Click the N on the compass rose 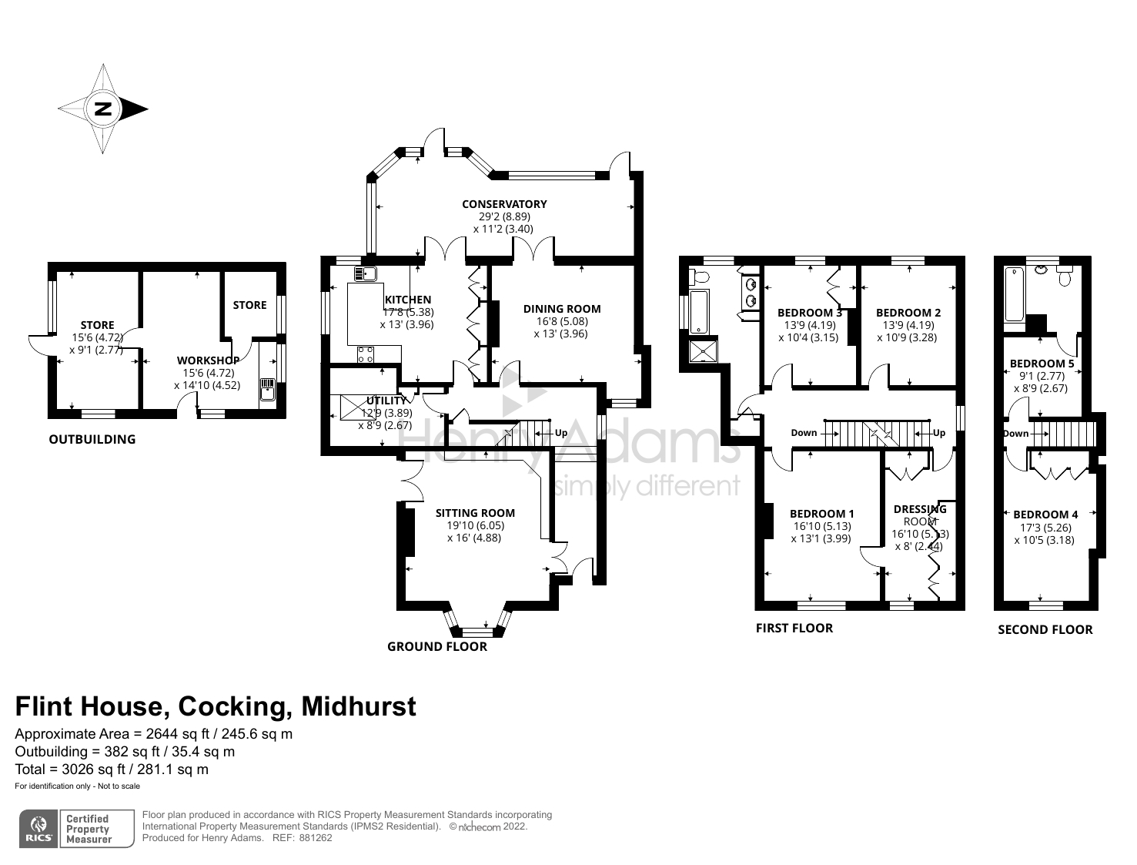point(104,109)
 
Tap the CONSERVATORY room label point(504,204)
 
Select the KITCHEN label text point(408,300)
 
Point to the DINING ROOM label point(561,309)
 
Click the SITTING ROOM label point(475,513)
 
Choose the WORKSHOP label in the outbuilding point(209,360)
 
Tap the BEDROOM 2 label point(908,313)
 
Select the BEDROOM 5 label point(1042,364)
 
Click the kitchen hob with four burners point(365,355)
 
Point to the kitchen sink point(365,273)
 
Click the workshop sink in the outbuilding point(267,389)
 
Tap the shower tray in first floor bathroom point(704,350)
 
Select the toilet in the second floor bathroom point(1065,277)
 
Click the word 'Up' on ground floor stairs point(561,433)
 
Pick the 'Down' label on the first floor point(804,433)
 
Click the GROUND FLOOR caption point(437,646)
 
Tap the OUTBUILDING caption point(92,439)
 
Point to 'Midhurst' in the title point(359,706)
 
